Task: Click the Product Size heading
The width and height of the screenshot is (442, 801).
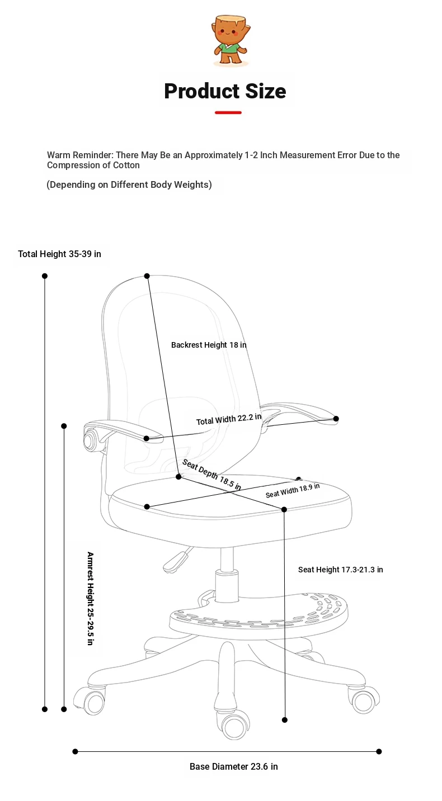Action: coord(225,91)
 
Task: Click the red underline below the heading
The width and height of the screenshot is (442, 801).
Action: coord(228,113)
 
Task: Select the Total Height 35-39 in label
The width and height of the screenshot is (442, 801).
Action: coord(59,254)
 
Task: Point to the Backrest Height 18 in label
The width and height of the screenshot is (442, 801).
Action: coord(209,345)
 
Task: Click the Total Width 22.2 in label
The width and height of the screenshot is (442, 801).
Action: coord(229,419)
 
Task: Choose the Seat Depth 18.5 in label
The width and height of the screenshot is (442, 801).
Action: coord(211,475)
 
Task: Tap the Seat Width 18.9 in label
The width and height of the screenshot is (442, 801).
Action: coord(293,490)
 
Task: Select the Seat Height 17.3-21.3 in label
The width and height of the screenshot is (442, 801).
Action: coord(340,570)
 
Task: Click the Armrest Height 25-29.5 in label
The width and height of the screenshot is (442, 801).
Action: coord(90,598)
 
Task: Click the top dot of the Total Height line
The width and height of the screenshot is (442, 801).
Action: coord(45,276)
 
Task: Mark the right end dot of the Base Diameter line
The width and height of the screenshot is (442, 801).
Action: coord(379,752)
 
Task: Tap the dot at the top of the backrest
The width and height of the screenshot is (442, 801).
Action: coord(147,276)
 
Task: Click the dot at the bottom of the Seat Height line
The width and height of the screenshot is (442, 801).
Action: coord(285,720)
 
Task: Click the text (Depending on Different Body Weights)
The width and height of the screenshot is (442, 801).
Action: coord(129,184)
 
